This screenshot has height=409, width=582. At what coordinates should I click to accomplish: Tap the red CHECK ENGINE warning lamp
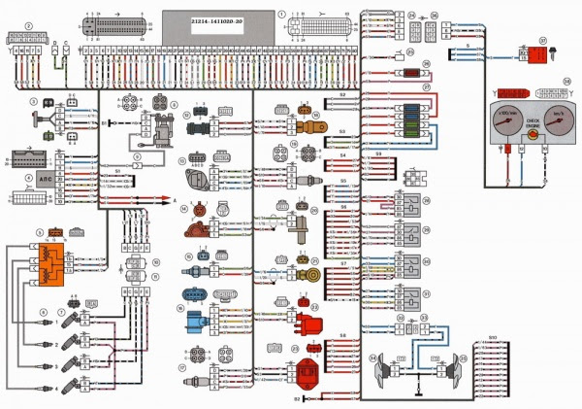tap(533, 135)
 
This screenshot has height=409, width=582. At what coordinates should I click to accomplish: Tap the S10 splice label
tap(492, 338)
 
